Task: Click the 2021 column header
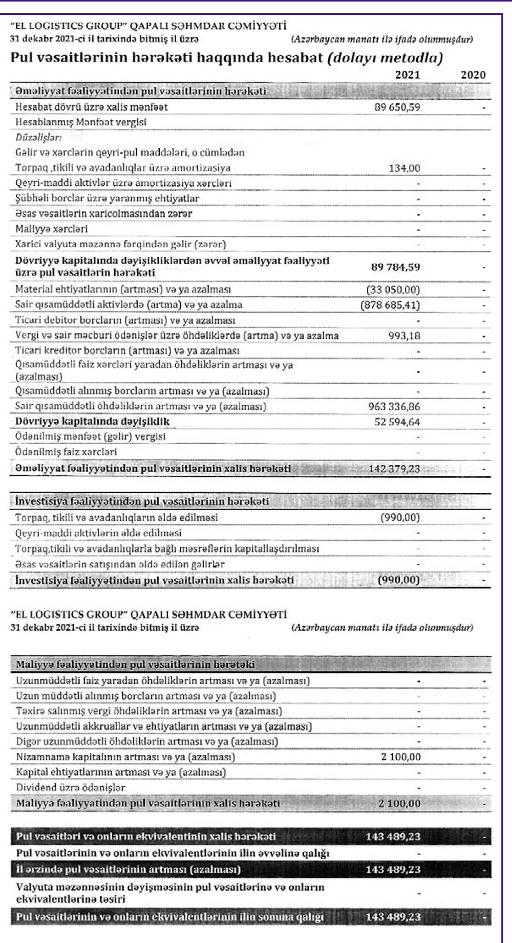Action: click(x=407, y=75)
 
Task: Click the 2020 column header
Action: click(x=473, y=75)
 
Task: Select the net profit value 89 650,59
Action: click(x=397, y=107)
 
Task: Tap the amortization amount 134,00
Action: click(x=404, y=168)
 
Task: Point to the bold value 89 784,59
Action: click(x=395, y=267)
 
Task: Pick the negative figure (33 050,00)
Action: click(x=393, y=290)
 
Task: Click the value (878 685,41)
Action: click(x=390, y=305)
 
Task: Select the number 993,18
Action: click(x=404, y=336)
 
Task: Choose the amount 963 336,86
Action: click(x=394, y=406)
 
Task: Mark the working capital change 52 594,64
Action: click(x=397, y=422)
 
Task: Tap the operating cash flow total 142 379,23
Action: click(x=394, y=468)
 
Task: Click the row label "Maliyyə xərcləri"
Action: click(x=51, y=229)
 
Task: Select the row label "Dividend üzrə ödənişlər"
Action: click(x=70, y=787)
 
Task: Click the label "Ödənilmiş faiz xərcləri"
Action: click(x=66, y=452)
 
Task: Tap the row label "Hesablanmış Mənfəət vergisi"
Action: click(x=80, y=122)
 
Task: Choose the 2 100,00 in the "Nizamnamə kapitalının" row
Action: click(x=400, y=756)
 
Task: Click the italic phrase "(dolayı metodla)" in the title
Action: click(x=385, y=57)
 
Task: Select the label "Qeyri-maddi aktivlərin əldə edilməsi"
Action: click(x=98, y=533)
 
